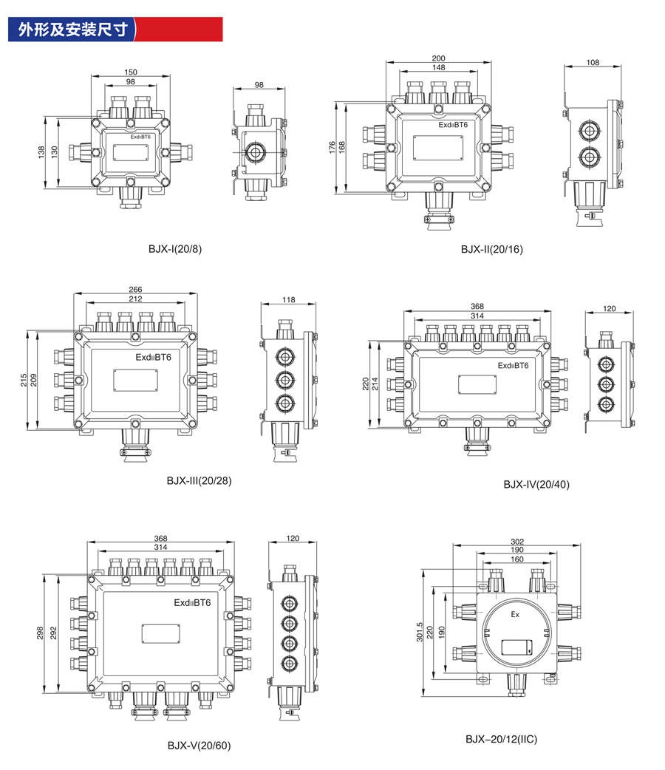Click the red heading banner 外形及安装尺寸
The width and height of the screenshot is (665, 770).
[x=111, y=29]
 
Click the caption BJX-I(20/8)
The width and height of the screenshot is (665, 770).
[x=174, y=248]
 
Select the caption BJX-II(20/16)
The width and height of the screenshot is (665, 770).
[x=491, y=248]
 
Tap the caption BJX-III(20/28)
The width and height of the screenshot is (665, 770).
[x=199, y=480]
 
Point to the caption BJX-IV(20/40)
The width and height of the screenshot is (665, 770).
[x=536, y=485]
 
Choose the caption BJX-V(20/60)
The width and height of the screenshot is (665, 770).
[x=199, y=746]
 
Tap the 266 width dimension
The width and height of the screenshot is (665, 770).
[x=134, y=290]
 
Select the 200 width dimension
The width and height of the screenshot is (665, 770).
[x=438, y=58]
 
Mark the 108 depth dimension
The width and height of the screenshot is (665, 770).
[x=593, y=62]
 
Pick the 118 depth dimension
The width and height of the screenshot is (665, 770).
[x=288, y=299]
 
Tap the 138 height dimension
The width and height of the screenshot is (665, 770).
[x=41, y=151]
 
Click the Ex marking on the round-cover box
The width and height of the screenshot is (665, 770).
[x=516, y=613]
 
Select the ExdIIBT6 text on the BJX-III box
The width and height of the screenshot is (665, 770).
[x=153, y=357]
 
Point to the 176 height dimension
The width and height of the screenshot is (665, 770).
[x=332, y=148]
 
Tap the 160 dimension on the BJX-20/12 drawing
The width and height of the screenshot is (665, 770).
[x=517, y=559]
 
